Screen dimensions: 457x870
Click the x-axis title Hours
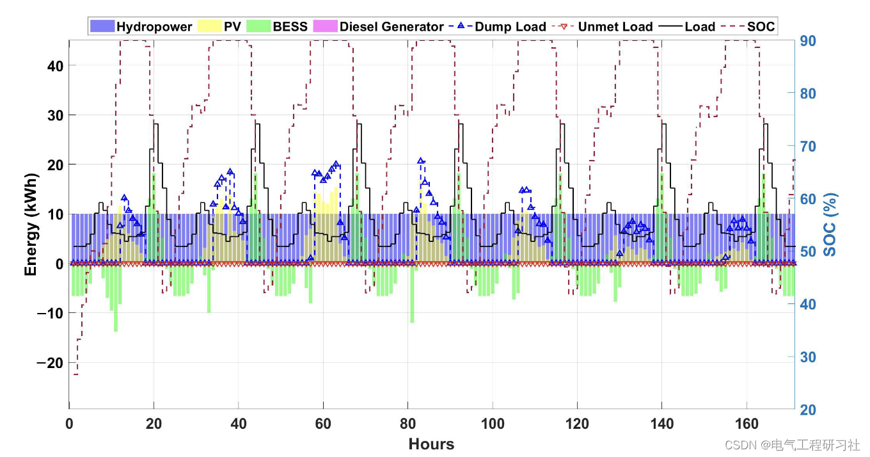coord(431,444)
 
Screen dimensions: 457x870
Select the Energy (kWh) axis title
coord(30,224)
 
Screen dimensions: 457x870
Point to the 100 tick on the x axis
coord(493,424)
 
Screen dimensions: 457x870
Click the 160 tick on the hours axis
coord(747,424)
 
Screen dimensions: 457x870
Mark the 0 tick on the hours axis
coord(69,424)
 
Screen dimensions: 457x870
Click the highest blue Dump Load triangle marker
coord(421,161)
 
